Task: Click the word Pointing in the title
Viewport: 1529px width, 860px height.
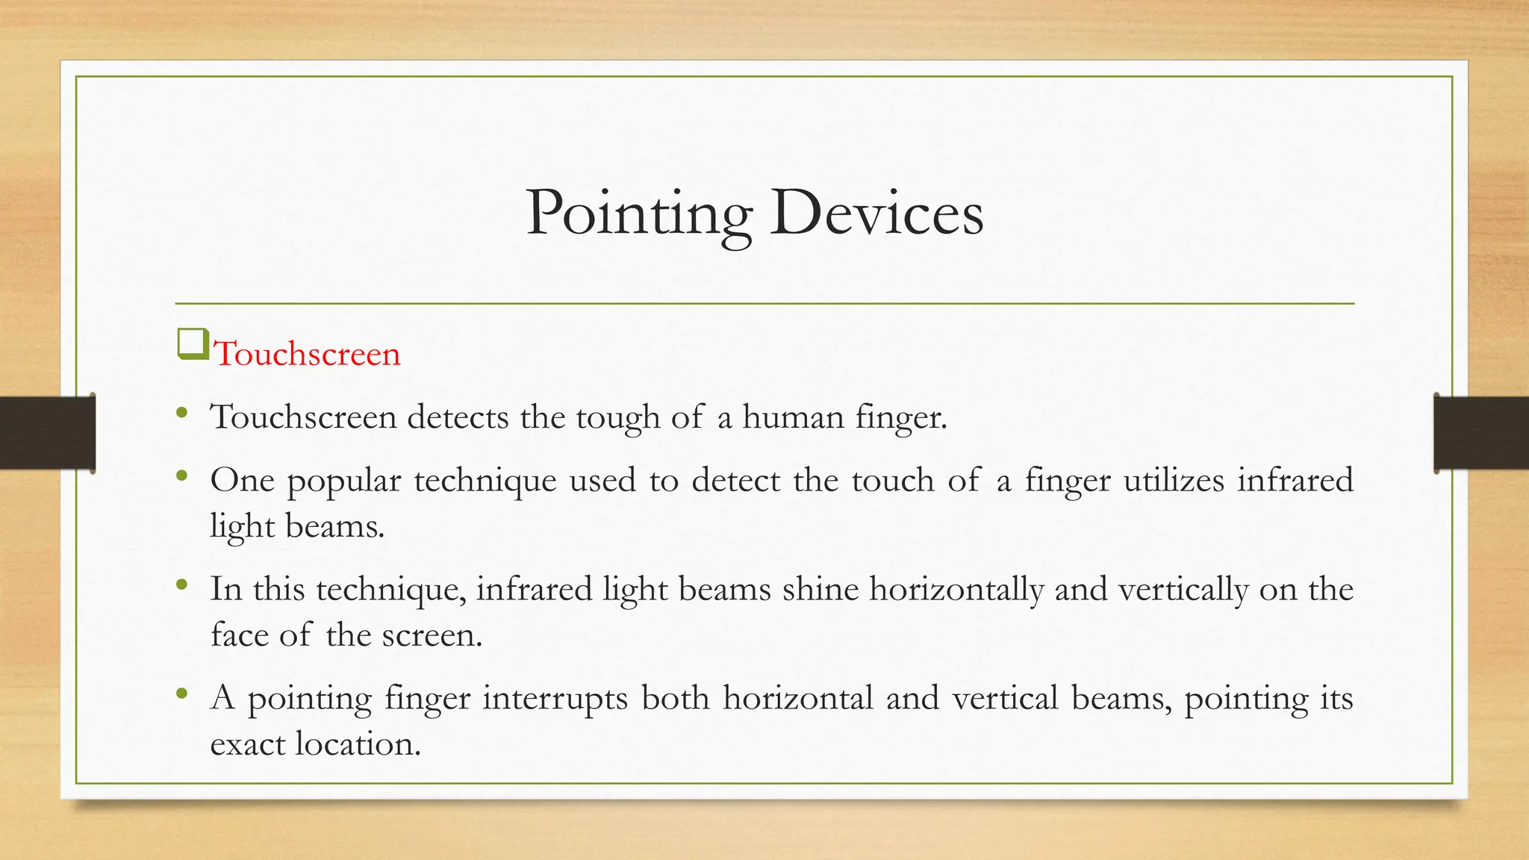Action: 638,214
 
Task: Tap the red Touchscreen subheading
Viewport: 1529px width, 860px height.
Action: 307,354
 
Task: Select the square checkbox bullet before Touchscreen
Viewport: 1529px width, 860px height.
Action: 193,345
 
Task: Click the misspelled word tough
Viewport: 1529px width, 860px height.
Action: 617,417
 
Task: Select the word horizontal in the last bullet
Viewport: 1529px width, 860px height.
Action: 798,698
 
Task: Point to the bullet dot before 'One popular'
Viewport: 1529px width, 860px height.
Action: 182,475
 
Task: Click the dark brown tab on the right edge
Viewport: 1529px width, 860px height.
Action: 1481,433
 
